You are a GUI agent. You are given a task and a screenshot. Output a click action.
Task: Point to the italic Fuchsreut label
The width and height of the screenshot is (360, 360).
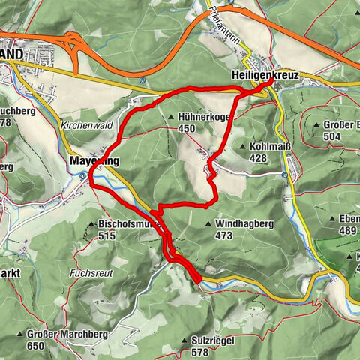[92, 274]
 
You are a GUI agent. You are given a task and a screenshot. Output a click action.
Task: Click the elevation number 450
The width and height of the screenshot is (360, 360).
[187, 128]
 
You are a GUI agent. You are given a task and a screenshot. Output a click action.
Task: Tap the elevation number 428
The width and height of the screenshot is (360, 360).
[259, 158]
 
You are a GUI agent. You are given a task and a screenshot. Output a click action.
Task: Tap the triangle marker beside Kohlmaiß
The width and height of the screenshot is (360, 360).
[245, 147]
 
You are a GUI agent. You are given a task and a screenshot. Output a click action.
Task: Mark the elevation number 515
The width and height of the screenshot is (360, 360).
[107, 235]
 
